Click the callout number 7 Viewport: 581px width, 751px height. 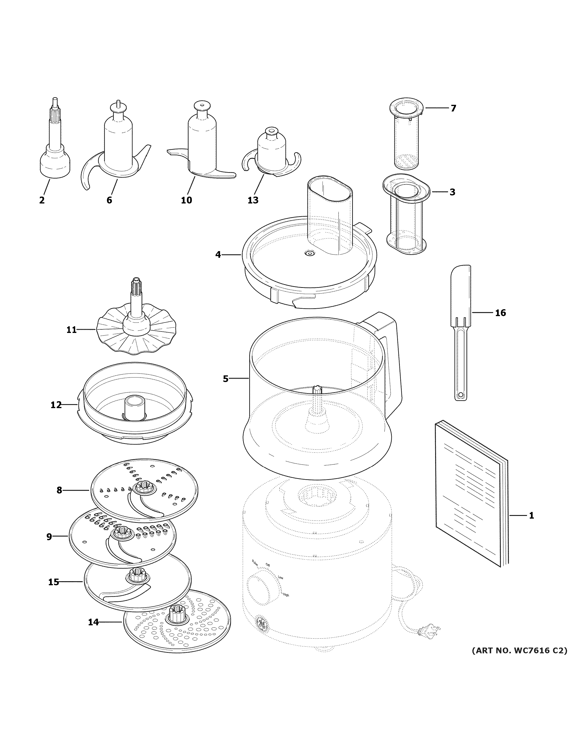(x=453, y=108)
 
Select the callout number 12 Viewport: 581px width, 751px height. (x=56, y=405)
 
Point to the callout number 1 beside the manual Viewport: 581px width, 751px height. (x=531, y=525)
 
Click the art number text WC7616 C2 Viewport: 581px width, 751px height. (x=519, y=651)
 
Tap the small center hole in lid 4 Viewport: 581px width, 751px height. (x=310, y=253)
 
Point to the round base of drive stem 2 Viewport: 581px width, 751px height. (x=55, y=165)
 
